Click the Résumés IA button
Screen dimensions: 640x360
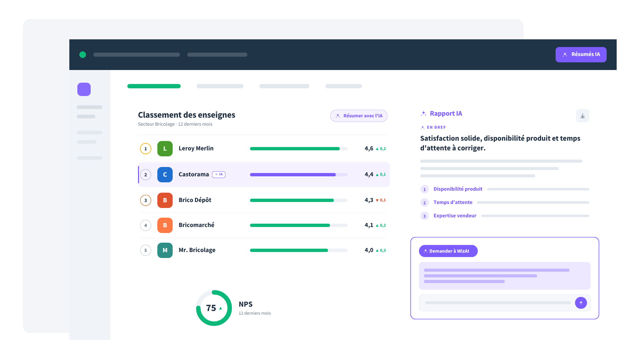click(581, 54)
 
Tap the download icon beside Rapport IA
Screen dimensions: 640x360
click(582, 116)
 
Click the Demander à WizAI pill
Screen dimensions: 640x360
click(448, 251)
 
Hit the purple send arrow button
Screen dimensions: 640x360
click(581, 303)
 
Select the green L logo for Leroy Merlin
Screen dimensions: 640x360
click(165, 149)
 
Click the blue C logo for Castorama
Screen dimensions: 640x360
click(165, 175)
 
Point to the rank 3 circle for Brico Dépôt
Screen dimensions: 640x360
click(146, 200)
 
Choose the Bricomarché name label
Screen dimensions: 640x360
click(196, 225)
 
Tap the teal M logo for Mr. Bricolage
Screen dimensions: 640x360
click(165, 250)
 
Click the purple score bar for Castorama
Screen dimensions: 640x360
click(293, 175)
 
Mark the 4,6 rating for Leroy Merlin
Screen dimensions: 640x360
click(369, 149)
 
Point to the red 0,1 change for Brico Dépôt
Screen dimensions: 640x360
click(381, 200)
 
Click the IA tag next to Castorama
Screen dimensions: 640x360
click(219, 175)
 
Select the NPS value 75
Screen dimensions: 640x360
click(211, 308)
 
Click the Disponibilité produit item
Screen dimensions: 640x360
click(458, 189)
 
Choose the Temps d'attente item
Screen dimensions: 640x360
click(453, 202)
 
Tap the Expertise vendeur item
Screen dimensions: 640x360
click(455, 216)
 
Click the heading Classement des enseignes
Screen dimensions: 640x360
click(187, 115)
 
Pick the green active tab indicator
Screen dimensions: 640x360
click(154, 86)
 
